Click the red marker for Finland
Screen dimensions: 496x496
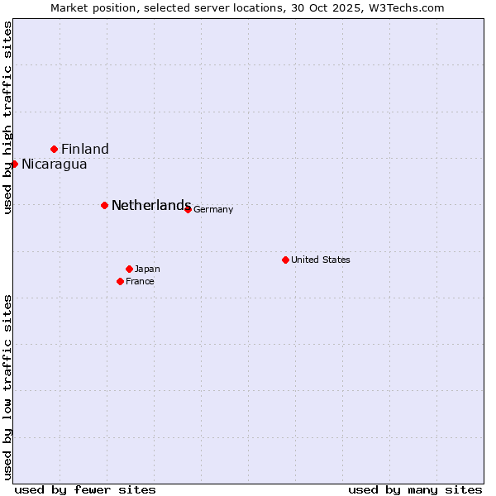[x=55, y=149]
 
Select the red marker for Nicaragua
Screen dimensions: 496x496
[x=14, y=164]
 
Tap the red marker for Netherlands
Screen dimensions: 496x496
[x=104, y=205]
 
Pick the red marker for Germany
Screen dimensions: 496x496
[x=188, y=209]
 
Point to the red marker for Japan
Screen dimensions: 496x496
[x=129, y=269]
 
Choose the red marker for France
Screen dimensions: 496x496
[x=120, y=281]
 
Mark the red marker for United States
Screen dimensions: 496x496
[x=285, y=260]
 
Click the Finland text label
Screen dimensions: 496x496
[x=85, y=150]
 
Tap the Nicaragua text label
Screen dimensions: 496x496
[x=55, y=165]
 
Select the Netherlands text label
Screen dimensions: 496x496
[x=151, y=206]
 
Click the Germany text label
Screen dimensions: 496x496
[x=213, y=210]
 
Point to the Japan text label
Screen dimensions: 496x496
[x=147, y=269]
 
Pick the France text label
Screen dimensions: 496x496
[x=140, y=282]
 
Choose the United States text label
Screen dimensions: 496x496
[x=321, y=260]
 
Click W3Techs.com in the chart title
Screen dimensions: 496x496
[x=405, y=7]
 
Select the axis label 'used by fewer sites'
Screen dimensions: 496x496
[x=85, y=489]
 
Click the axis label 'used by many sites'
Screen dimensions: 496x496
[x=415, y=489]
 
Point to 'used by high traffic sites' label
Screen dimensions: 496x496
[x=7, y=118]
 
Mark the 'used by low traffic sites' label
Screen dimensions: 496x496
[x=7, y=386]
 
